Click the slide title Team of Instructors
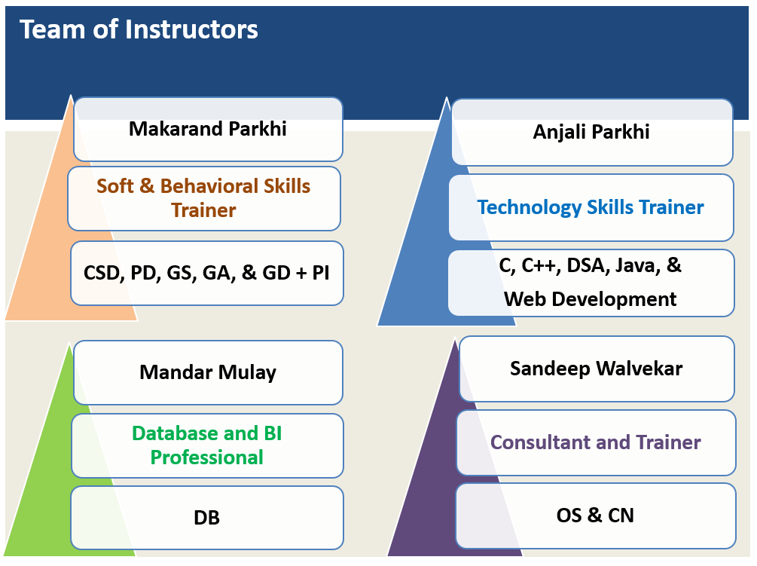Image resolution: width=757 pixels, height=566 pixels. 139,29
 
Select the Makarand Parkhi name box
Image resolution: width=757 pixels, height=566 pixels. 208,130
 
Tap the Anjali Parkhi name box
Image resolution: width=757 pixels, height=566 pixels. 592,133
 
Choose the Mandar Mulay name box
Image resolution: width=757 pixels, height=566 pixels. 208,373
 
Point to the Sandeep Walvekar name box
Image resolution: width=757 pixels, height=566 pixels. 597,369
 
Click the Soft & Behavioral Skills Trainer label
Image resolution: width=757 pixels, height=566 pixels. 203,198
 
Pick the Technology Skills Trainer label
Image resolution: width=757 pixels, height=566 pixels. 591,207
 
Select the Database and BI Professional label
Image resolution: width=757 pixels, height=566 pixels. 207,445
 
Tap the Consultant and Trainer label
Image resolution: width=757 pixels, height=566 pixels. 596,443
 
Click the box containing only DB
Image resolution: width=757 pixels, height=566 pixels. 207,518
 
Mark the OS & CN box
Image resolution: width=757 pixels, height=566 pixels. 596,516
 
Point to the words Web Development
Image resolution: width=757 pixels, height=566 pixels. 590,299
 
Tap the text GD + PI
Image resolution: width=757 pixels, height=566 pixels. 296,274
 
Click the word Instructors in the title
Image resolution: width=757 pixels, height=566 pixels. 191,29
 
